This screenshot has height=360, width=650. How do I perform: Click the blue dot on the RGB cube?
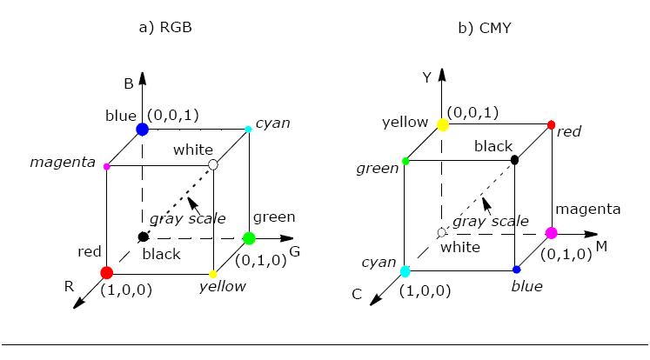[142, 130]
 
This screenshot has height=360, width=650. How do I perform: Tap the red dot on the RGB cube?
[106, 273]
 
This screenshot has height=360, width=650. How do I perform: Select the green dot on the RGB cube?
[249, 237]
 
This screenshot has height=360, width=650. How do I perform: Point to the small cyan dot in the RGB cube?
[249, 130]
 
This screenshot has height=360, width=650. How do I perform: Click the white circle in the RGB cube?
[213, 165]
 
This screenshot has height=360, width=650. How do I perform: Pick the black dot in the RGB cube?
[142, 237]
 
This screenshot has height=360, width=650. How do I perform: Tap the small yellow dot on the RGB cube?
[213, 274]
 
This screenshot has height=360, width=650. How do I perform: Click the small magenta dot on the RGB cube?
[106, 165]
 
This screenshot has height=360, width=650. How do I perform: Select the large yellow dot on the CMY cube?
[442, 125]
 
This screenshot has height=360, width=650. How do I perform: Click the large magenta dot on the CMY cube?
[551, 233]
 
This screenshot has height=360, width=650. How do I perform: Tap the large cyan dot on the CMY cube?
[405, 271]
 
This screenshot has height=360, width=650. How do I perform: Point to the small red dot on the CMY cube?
[551, 125]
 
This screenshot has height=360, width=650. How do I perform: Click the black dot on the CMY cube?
[515, 160]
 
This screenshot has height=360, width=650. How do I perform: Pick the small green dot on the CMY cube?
[406, 161]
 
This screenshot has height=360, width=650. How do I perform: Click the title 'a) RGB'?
[164, 27]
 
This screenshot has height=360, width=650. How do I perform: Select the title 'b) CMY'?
[484, 27]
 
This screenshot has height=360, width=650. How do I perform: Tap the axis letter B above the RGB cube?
[127, 84]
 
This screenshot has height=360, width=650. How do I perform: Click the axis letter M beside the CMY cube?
[600, 247]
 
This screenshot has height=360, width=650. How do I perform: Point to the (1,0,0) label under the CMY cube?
[425, 290]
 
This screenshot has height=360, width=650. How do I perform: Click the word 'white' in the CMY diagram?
[460, 247]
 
